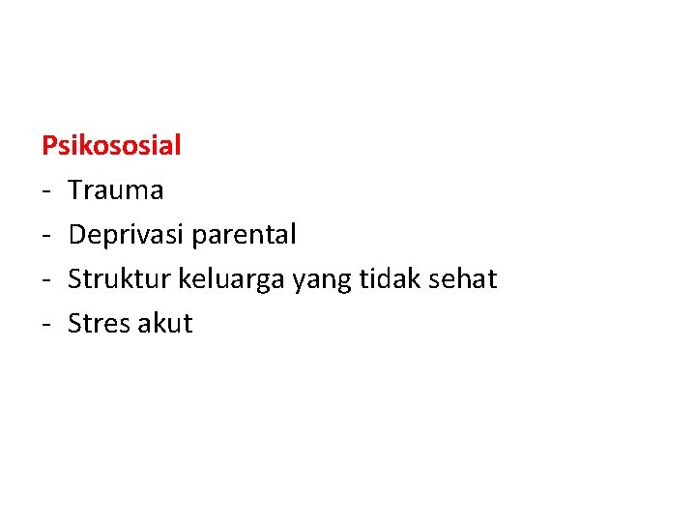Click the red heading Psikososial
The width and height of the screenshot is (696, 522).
point(111,146)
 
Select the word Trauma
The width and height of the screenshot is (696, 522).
point(116,190)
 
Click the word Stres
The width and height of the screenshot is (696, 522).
point(98,324)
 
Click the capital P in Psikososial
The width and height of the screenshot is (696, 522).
point(49,146)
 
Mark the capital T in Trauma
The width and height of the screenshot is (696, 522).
point(75,190)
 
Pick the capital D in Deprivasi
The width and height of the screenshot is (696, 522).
point(77,235)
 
